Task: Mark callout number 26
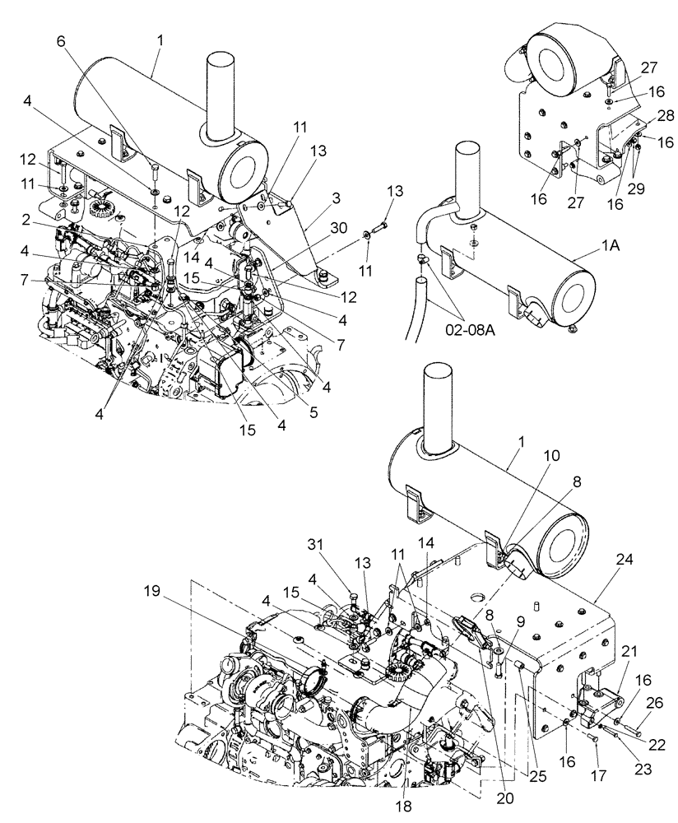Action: point(654,703)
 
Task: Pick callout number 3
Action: point(313,198)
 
